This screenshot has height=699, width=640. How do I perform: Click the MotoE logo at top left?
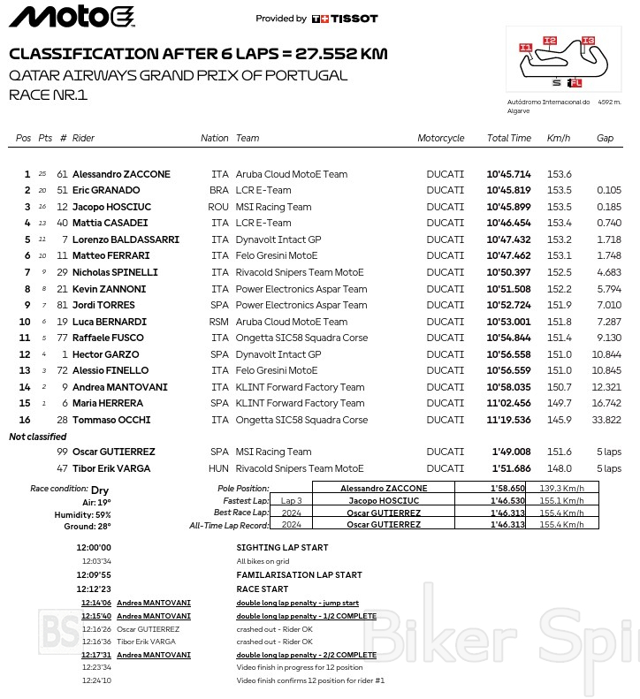click(x=72, y=17)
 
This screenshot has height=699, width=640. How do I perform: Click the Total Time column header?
click(x=508, y=139)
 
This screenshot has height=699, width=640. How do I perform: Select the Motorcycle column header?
click(x=440, y=139)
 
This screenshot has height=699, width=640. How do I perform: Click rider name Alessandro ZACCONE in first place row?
click(x=121, y=174)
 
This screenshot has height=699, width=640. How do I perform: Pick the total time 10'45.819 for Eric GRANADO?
click(x=508, y=191)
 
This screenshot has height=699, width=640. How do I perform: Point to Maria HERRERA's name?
click(x=107, y=403)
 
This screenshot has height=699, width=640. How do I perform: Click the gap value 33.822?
click(x=608, y=420)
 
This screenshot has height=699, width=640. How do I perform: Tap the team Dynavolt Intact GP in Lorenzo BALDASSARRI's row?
click(x=278, y=239)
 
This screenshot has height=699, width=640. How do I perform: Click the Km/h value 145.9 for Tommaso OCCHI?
click(x=559, y=420)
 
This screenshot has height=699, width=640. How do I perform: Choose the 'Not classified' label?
click(x=37, y=437)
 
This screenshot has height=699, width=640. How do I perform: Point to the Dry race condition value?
click(x=100, y=489)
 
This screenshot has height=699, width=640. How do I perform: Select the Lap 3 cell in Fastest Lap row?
click(x=292, y=500)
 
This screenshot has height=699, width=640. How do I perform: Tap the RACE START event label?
click(x=262, y=589)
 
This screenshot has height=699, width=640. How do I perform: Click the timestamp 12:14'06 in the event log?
click(x=95, y=603)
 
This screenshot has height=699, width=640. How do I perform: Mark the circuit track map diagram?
click(x=563, y=59)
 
